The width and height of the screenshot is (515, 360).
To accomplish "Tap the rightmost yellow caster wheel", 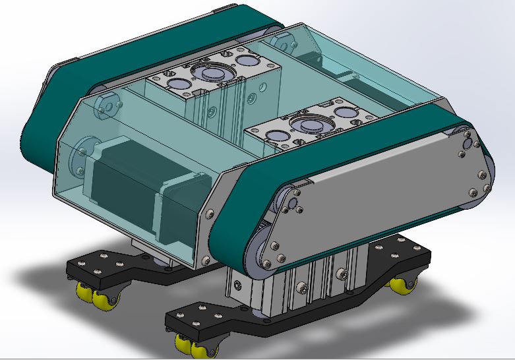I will click(402, 285).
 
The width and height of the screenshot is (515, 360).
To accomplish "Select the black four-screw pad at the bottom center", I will click(198, 317).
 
